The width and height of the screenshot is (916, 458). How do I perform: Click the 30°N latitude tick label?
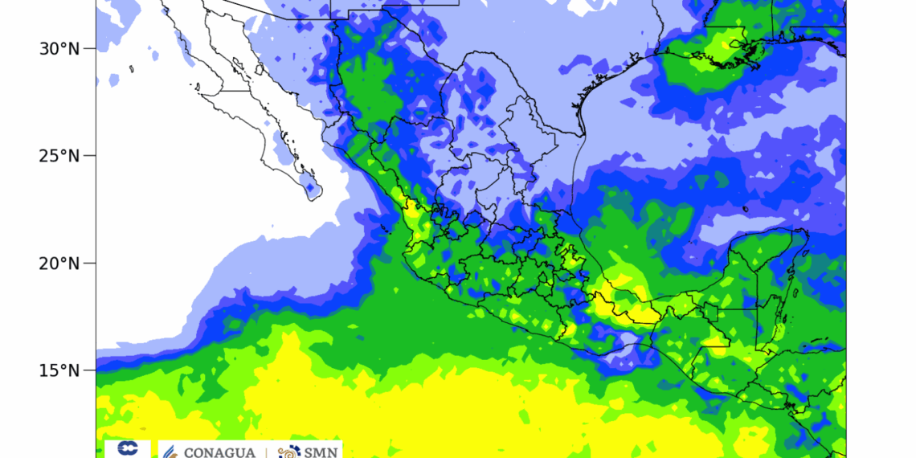coord(59,48)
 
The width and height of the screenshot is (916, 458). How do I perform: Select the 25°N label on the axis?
coord(59,155)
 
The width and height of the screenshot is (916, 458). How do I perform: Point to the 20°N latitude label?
coord(59,263)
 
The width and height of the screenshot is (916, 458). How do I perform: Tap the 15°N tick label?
coord(59,370)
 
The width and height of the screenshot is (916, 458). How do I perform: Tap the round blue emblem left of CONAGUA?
coord(127,448)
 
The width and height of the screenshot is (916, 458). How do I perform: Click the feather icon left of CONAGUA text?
coord(170,452)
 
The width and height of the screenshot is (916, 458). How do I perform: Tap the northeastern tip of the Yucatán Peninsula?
coord(804,233)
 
